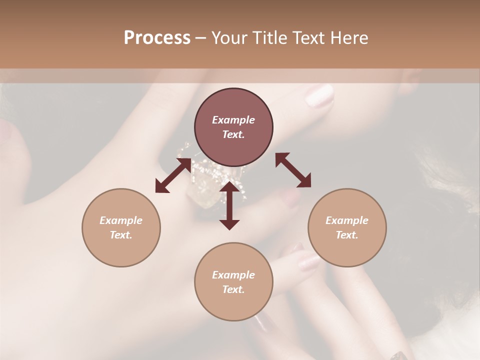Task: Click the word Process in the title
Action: coord(157,38)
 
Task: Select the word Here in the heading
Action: coord(348,38)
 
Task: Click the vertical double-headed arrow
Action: coord(229,205)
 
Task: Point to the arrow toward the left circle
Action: coord(173,175)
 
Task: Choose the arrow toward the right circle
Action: coord(293,170)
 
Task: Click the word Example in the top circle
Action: coord(233,120)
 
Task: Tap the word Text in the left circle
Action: coord(121,235)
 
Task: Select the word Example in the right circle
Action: coord(347,220)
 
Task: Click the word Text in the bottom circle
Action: coord(233,289)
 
